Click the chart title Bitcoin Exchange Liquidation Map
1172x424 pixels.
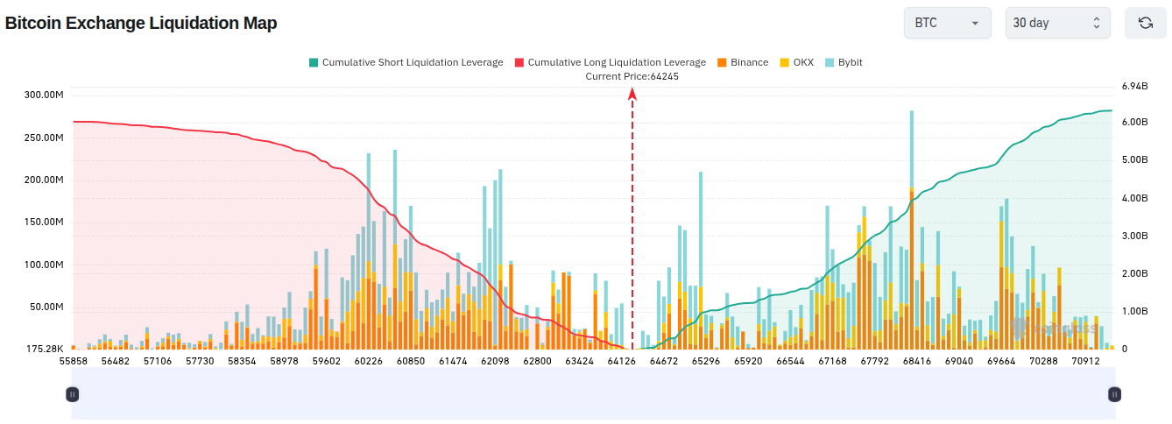(x=141, y=23)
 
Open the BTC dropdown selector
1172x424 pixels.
(x=947, y=23)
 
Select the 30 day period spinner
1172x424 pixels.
(x=1057, y=23)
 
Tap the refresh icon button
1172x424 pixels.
(x=1146, y=23)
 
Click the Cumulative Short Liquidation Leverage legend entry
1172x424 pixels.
(x=406, y=62)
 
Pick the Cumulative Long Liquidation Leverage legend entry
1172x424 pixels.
(x=610, y=62)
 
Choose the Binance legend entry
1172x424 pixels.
(x=743, y=62)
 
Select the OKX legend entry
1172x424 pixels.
(x=797, y=62)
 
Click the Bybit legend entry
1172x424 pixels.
(x=844, y=62)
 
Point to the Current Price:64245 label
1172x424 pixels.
(x=632, y=76)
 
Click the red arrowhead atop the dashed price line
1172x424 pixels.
(x=632, y=94)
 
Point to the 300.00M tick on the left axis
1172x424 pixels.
(x=44, y=95)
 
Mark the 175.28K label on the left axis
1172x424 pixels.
(x=45, y=349)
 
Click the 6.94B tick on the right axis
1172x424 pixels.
(x=1135, y=86)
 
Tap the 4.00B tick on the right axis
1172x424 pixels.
(x=1135, y=198)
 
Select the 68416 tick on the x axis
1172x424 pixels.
(x=917, y=361)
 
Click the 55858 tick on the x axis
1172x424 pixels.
(x=74, y=361)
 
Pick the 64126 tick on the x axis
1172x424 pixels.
(x=622, y=361)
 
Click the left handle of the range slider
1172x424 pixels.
(x=73, y=394)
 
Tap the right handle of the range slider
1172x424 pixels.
(x=1114, y=394)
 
